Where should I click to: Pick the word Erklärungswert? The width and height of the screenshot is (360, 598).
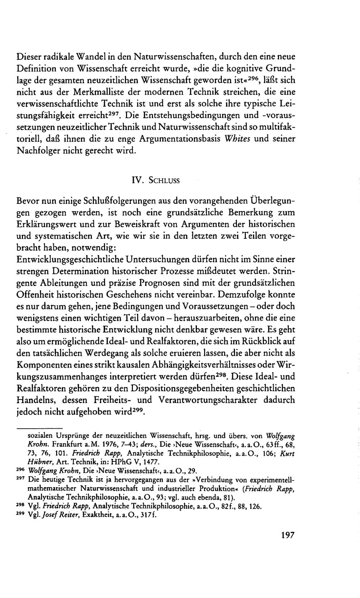(48, 224)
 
